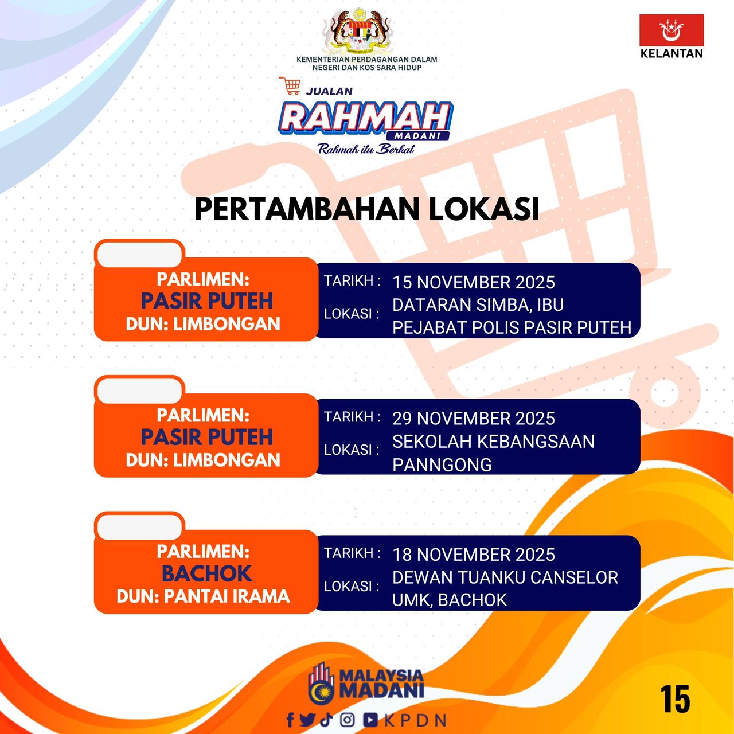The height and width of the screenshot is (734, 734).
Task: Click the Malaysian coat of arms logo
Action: [357, 31]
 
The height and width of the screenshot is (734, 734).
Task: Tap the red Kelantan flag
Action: [671, 30]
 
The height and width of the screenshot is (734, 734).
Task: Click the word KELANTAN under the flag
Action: [671, 53]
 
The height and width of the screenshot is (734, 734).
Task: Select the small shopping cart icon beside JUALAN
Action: [290, 85]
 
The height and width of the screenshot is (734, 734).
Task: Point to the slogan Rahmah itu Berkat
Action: [366, 149]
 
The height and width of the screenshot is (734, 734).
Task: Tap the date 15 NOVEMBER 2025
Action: [474, 282]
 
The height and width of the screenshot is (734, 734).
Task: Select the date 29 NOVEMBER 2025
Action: [474, 419]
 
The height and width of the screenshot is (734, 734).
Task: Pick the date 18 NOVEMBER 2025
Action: [474, 555]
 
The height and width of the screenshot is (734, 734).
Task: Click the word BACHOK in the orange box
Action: [207, 573]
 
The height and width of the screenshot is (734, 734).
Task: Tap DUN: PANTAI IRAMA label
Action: [204, 596]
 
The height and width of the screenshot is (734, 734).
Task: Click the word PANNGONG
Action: [442, 464]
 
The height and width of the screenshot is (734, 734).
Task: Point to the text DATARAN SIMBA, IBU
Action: [478, 305]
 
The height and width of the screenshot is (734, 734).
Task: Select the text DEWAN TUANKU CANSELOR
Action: [505, 577]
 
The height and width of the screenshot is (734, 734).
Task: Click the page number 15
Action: [675, 699]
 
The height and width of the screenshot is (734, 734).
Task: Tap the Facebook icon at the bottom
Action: [290, 720]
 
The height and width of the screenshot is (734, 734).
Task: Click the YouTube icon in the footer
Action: [370, 720]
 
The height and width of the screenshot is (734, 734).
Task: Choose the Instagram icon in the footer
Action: [347, 720]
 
